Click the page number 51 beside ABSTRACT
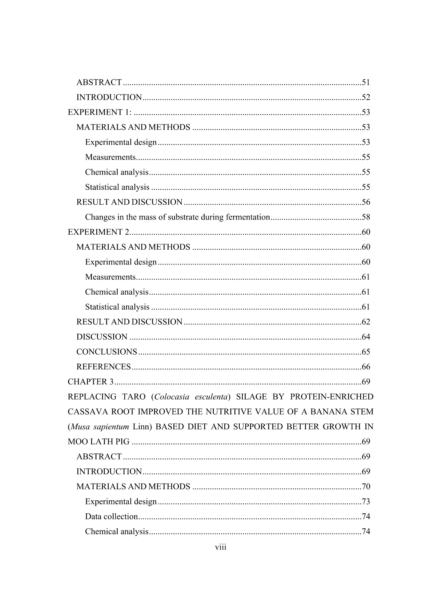point(365,82)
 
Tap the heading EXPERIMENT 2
point(98,232)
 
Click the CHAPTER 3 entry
point(90,382)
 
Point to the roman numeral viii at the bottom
point(221,547)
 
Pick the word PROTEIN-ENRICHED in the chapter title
point(332,397)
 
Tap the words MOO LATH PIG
point(99,442)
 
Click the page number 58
point(365,217)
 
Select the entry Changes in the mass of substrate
point(177,217)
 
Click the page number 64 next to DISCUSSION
point(365,337)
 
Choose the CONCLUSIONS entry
point(106,352)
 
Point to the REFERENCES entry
point(103,367)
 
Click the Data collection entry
point(111,516)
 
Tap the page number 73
point(365,501)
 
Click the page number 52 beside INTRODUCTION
point(365,97)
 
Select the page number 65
point(365,352)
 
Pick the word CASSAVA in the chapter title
point(85,411)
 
